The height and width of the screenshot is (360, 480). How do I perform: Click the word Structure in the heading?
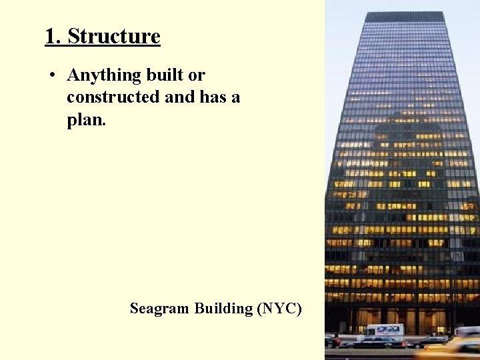[114, 36]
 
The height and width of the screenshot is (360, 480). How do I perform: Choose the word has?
[212, 97]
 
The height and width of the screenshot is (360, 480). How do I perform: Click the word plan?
[86, 119]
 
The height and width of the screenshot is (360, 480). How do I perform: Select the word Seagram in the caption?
[160, 309]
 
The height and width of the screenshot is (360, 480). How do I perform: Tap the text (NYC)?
[279, 309]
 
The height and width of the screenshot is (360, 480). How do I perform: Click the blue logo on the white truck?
[389, 329]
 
